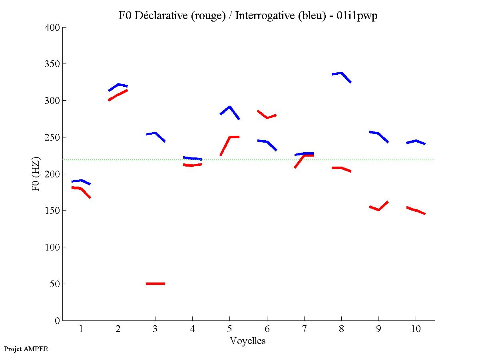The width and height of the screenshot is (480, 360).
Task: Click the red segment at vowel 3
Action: [x=155, y=284]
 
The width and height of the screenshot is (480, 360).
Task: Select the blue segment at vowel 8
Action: [x=341, y=74]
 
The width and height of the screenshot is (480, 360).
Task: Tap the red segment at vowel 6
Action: [x=267, y=117]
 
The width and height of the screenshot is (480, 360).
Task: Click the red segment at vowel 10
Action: [x=416, y=210]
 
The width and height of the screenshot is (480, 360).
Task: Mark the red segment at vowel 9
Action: [x=378, y=209]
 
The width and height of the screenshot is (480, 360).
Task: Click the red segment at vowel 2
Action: [x=118, y=95]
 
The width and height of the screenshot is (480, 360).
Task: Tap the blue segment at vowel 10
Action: [x=416, y=141]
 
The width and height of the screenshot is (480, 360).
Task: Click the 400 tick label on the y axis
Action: [x=53, y=28]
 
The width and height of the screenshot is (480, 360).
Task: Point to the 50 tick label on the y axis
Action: [x=55, y=284]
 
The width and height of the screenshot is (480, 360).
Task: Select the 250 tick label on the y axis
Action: [x=53, y=137]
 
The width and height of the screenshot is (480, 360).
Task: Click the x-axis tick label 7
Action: [x=304, y=330]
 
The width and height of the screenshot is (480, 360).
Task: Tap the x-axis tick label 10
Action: [x=416, y=330]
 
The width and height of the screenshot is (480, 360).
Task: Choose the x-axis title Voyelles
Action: [x=248, y=341]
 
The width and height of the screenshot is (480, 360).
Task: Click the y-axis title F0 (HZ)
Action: [x=36, y=174]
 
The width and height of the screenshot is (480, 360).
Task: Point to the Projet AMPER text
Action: [x=26, y=349]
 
